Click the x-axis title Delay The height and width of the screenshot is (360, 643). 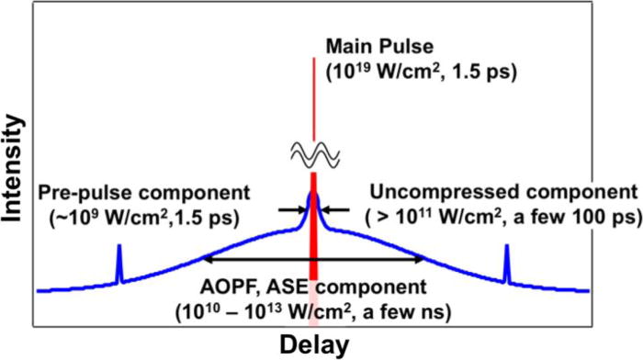315,344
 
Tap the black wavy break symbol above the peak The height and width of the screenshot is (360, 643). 313,158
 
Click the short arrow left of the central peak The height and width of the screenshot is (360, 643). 291,209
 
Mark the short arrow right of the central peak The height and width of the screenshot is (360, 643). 336,209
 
